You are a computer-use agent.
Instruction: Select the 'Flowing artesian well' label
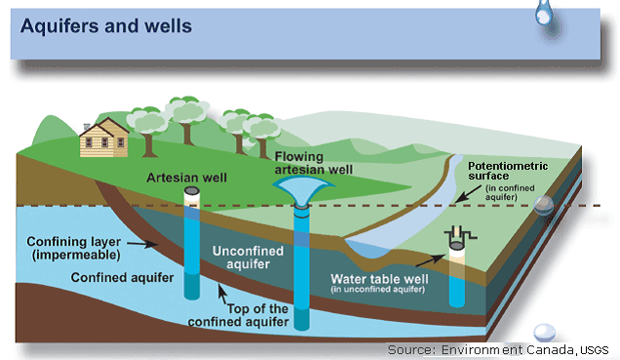point(311,164)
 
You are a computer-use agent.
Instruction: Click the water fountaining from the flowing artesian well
point(304,193)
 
